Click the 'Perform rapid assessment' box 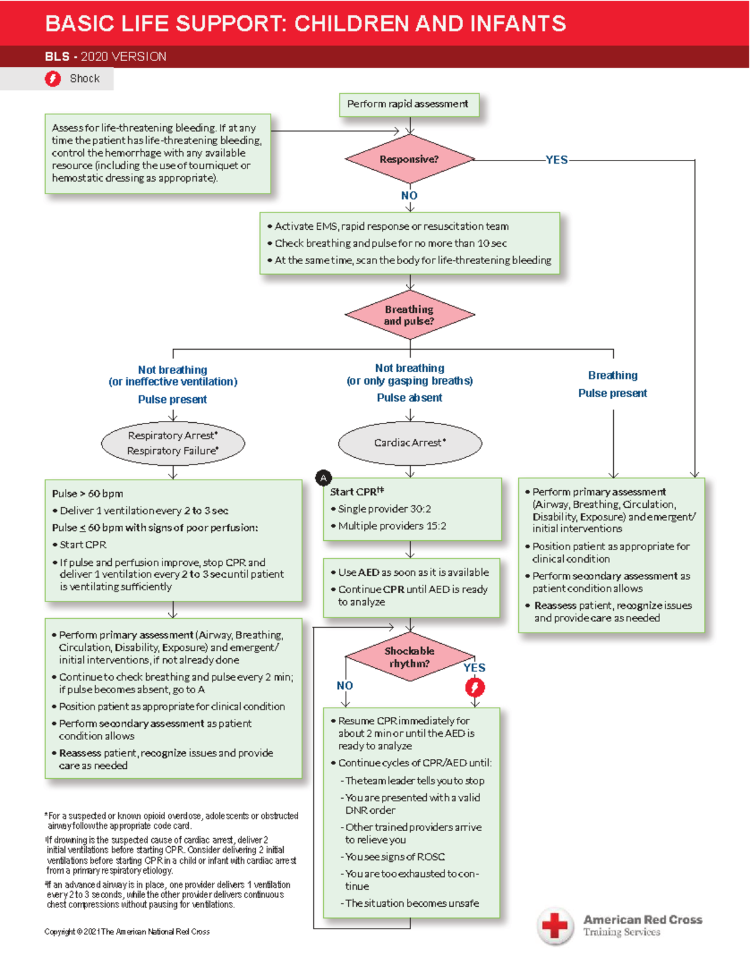pyautogui.click(x=408, y=104)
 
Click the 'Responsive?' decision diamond pyautogui.click(x=409, y=159)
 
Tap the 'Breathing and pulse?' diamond pyautogui.click(x=409, y=315)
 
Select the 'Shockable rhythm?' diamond pyautogui.click(x=409, y=657)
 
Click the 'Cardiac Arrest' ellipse pyautogui.click(x=410, y=443)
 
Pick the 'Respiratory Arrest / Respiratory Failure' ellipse pyautogui.click(x=172, y=443)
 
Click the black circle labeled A pyautogui.click(x=323, y=478)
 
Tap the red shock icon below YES pyautogui.click(x=475, y=688)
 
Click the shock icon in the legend pyautogui.click(x=53, y=79)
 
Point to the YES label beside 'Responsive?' pyautogui.click(x=556, y=160)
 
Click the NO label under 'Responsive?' pyautogui.click(x=409, y=195)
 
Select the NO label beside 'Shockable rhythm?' pyautogui.click(x=345, y=686)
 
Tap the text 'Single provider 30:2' pyautogui.click(x=384, y=509)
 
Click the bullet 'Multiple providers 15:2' pyautogui.click(x=392, y=526)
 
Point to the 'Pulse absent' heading pyautogui.click(x=409, y=398)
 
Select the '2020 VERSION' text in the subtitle pyautogui.click(x=124, y=57)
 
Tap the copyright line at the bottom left pyautogui.click(x=127, y=932)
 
